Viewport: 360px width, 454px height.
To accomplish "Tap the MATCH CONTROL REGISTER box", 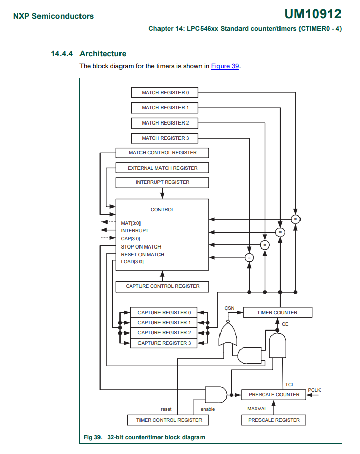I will (x=163, y=153).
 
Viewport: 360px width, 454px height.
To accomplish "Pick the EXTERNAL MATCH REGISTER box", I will (x=163, y=168).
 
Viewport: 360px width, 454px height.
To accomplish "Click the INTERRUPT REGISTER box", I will (x=163, y=182).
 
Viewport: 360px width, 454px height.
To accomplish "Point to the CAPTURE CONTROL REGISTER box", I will (x=163, y=286).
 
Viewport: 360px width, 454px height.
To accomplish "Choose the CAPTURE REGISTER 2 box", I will (x=164, y=333).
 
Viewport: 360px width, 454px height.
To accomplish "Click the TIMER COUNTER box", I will (x=277, y=312).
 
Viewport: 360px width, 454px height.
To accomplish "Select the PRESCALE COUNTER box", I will (x=274, y=395).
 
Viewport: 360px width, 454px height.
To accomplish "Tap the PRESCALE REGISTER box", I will (x=274, y=420).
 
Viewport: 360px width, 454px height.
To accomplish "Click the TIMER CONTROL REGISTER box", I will (x=169, y=420).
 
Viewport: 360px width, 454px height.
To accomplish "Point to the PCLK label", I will (x=314, y=390).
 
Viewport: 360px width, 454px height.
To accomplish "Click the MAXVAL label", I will (x=257, y=409).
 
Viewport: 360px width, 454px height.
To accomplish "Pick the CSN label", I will (x=229, y=308).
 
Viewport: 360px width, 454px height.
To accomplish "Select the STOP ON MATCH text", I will (x=141, y=247).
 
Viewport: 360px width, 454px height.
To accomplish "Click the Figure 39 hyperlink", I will (x=225, y=66).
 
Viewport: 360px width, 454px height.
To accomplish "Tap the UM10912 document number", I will (x=312, y=14).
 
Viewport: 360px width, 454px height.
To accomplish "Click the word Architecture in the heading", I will (x=103, y=54).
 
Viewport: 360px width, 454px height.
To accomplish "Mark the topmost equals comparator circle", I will (x=295, y=219).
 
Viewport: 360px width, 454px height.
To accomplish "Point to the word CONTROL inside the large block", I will (x=163, y=210).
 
